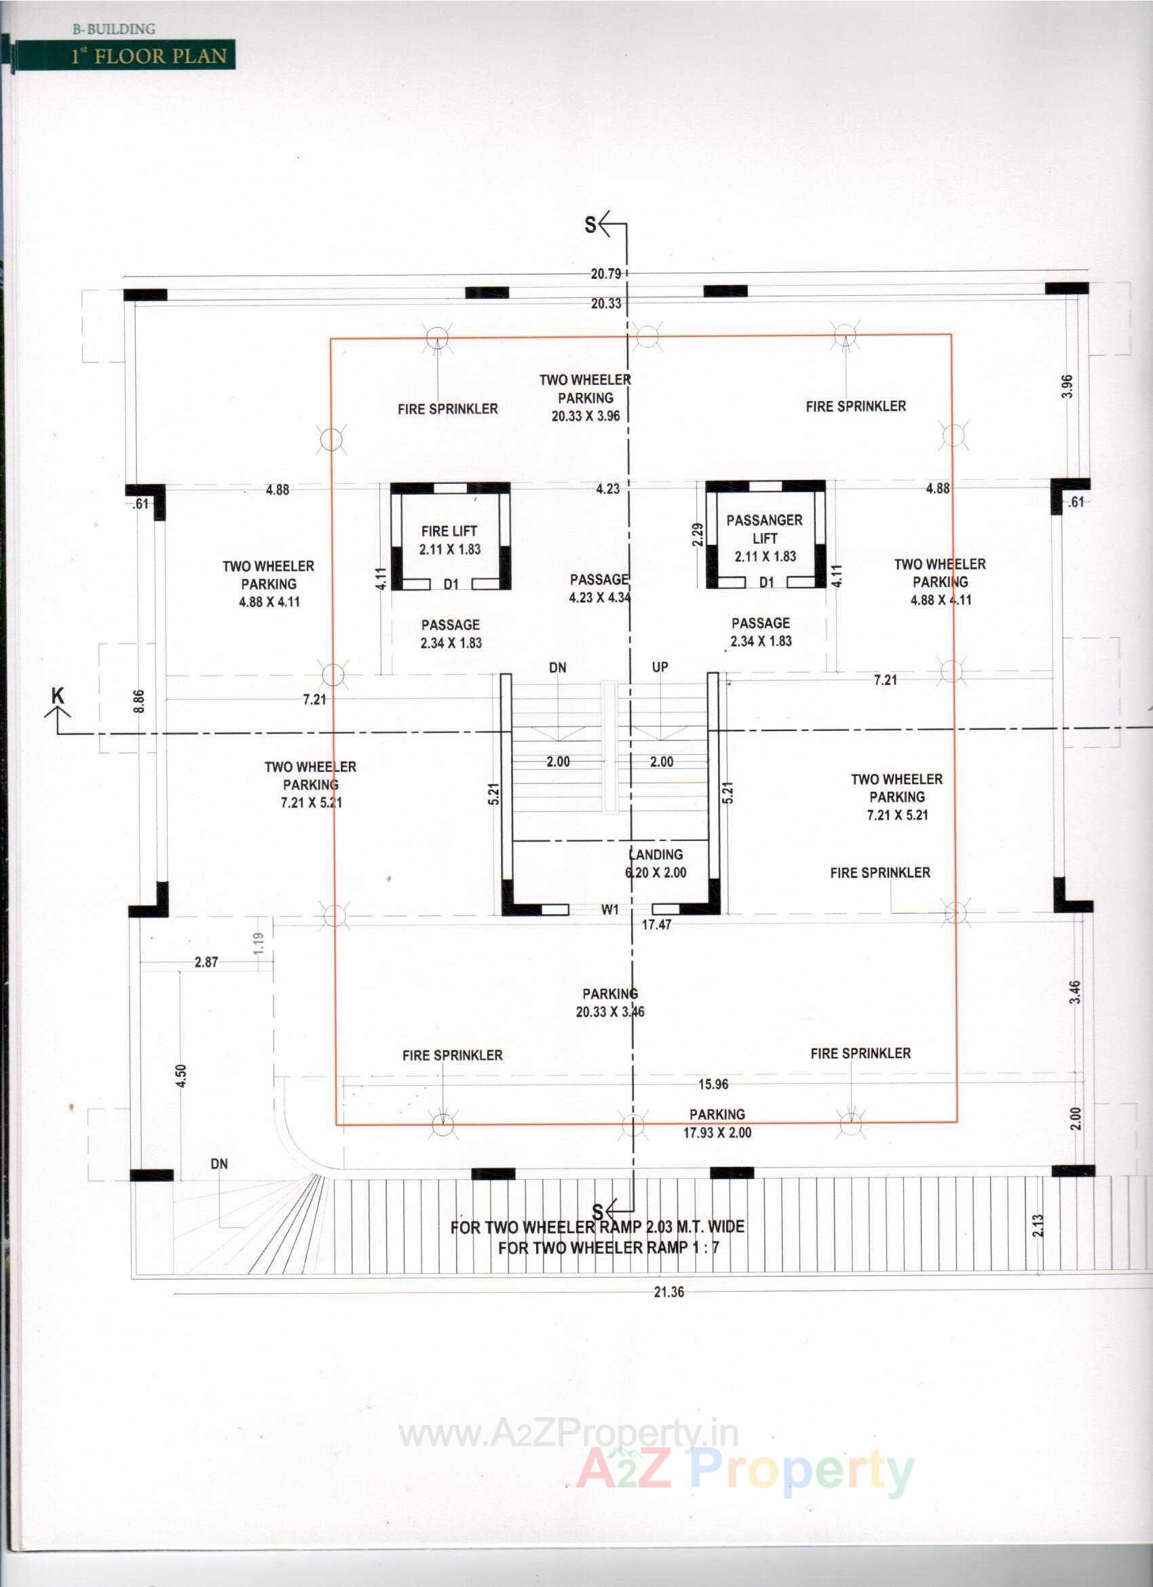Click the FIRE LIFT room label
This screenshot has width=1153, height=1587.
click(449, 540)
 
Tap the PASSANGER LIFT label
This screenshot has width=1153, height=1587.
click(764, 538)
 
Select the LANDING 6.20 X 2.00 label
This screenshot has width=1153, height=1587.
click(656, 863)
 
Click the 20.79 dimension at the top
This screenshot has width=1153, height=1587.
click(605, 274)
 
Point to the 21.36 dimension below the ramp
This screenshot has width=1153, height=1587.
click(668, 1292)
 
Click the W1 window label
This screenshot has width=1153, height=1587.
click(610, 910)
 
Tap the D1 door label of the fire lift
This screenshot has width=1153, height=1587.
click(451, 584)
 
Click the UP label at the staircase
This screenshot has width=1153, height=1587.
click(660, 667)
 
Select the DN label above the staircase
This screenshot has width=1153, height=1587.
click(558, 668)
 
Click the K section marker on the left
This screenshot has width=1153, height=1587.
click(58, 696)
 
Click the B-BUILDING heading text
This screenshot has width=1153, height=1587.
click(114, 29)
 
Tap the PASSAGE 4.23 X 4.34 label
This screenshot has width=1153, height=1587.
click(600, 589)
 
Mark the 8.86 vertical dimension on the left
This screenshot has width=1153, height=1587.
click(139, 701)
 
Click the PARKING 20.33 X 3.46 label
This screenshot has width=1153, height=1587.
click(610, 1003)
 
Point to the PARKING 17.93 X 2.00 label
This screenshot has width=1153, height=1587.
click(717, 1123)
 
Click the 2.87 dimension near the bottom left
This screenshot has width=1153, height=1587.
click(206, 962)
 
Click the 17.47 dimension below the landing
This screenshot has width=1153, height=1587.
click(656, 925)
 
